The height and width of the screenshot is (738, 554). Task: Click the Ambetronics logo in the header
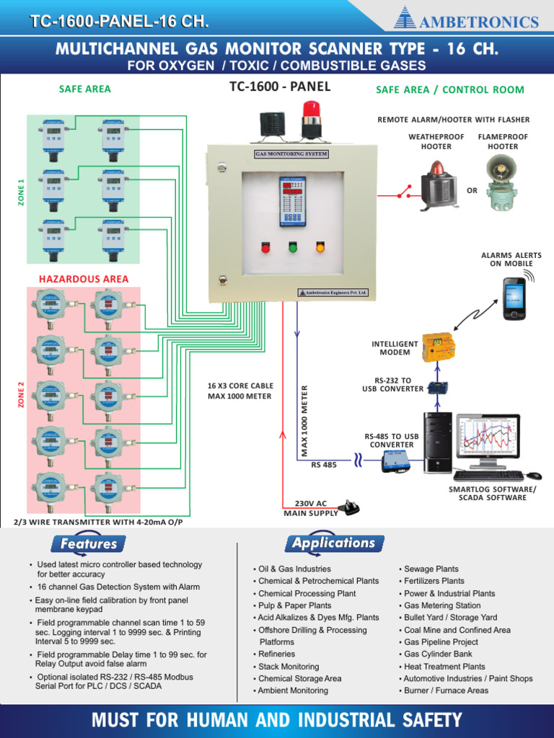tap(467, 21)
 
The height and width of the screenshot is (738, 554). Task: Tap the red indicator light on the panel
tap(265, 248)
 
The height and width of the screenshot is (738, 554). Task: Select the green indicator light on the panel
tap(293, 248)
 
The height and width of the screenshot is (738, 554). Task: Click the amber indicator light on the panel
tap(320, 248)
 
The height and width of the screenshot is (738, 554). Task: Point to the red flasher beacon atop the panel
tap(311, 120)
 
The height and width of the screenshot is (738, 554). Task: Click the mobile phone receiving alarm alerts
tap(514, 298)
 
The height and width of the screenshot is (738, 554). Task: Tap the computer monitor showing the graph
tap(488, 440)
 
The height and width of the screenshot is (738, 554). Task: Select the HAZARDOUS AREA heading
tap(84, 279)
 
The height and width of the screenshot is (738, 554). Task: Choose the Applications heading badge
tap(334, 543)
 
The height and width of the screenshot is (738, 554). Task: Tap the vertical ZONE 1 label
tap(21, 193)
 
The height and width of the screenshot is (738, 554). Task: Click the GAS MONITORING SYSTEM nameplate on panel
tap(291, 154)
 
